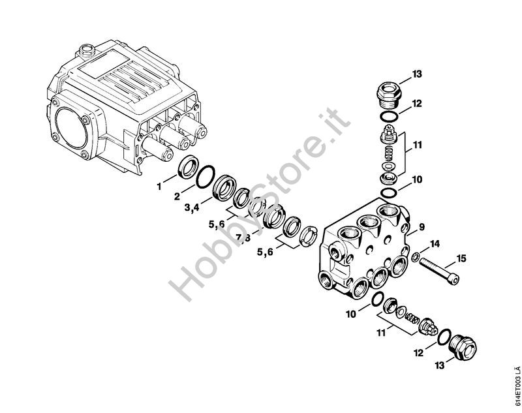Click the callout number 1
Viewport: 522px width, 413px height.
159,187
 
